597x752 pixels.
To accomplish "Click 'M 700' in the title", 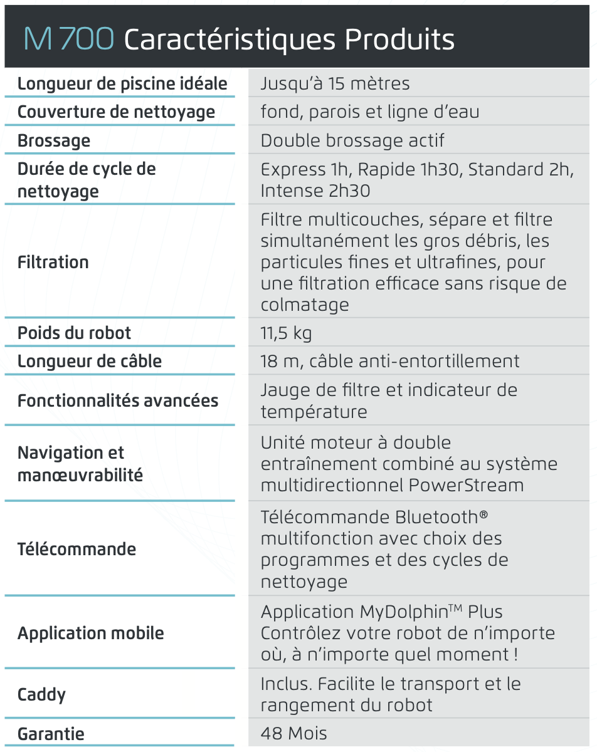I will pos(69,39).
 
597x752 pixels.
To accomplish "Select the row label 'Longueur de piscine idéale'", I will pos(122,84).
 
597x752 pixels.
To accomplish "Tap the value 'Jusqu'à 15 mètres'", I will pos(335,84).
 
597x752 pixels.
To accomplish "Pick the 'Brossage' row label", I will pos(54,140).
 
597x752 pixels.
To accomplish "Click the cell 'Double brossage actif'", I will pos(352,140).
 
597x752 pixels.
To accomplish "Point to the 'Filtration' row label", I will pos(53,262).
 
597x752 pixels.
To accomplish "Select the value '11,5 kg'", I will pos(286,333).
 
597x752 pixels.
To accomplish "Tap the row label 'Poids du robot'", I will pos(74,333).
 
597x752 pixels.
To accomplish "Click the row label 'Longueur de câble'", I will pos(90,362).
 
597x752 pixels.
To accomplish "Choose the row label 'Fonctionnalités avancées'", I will pos(118,400).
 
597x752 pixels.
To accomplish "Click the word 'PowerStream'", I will pos(466,486).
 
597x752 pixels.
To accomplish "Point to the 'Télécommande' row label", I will pos(77,550).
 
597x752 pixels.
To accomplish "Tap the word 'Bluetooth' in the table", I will pos(436,518).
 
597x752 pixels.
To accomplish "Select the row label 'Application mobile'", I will pos(91,633).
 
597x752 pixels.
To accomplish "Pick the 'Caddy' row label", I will pos(41,694).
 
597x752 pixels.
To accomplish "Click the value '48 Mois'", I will pos(293,734).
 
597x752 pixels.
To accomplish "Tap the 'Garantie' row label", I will pos(51,734).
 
